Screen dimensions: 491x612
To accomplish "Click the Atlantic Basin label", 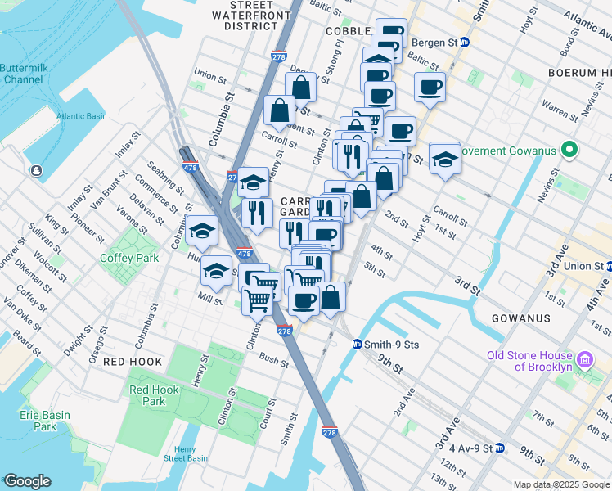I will pyautogui.click(x=82, y=116).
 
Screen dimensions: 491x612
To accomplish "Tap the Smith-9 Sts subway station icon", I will pyautogui.click(x=358, y=345).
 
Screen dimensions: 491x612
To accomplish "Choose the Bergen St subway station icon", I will pyautogui.click(x=465, y=43).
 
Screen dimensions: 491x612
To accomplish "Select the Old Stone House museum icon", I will pyautogui.click(x=586, y=360).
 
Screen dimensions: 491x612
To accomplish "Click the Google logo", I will pyautogui.click(x=27, y=481).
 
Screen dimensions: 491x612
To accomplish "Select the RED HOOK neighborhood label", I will pyautogui.click(x=133, y=361).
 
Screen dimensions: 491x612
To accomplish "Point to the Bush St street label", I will pyautogui.click(x=273, y=360).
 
